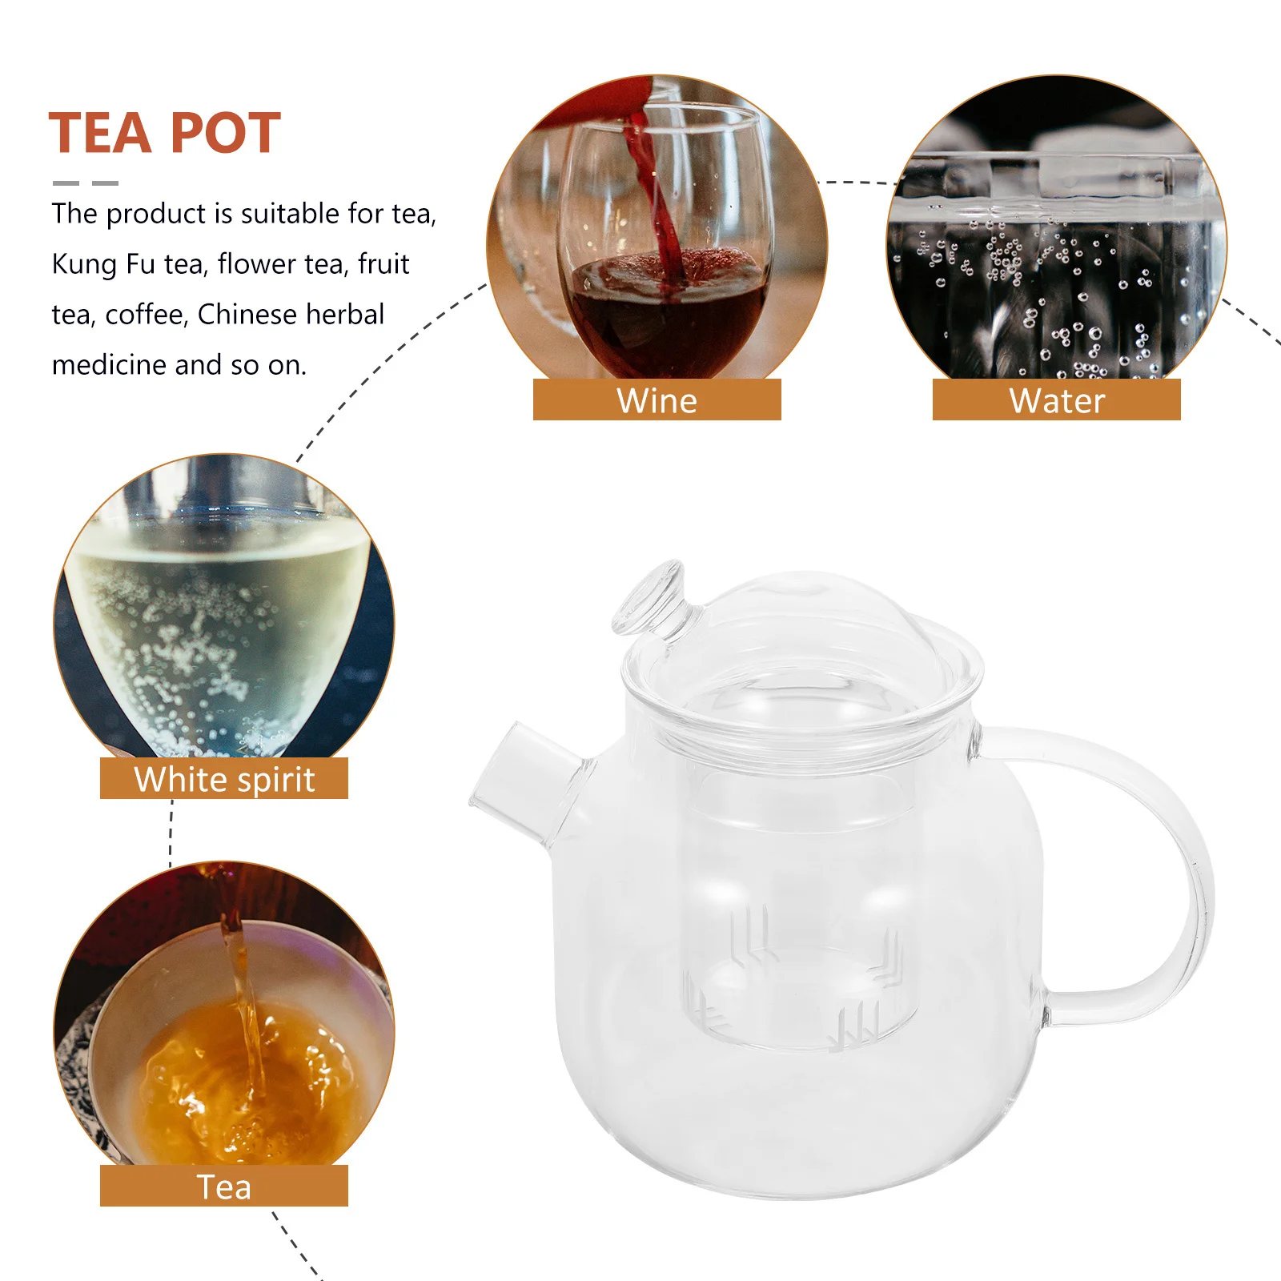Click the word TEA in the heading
(x=101, y=133)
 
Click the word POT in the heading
(x=225, y=133)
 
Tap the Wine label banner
(x=657, y=400)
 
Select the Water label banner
(x=1056, y=400)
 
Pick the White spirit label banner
(x=224, y=779)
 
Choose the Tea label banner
(x=224, y=1187)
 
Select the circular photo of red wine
(x=657, y=232)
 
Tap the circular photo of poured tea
(x=224, y=1017)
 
